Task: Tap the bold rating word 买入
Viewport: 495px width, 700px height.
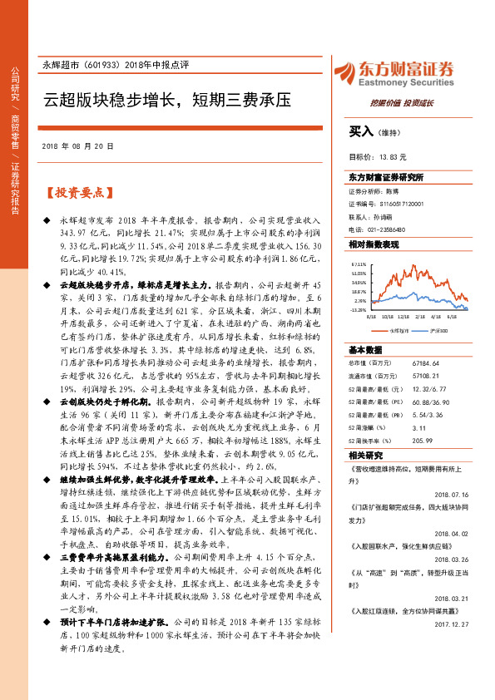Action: click(362, 131)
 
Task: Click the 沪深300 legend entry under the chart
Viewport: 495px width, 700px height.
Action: click(439, 330)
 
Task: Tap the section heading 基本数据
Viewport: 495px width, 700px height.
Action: click(364, 349)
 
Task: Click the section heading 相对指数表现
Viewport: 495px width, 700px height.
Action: click(373, 244)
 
